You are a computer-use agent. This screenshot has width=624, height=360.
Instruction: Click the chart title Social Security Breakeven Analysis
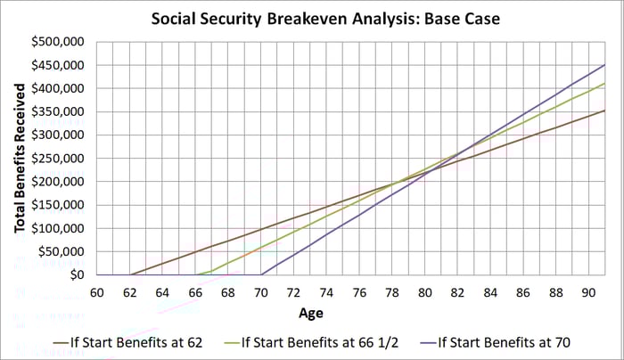(x=312, y=19)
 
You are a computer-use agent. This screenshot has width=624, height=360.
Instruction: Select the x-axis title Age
(x=311, y=313)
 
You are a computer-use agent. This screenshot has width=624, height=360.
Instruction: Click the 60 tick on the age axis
(x=97, y=291)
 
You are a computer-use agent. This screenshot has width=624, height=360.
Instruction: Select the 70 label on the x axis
(x=260, y=291)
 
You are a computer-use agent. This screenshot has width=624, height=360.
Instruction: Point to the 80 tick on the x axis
(x=424, y=291)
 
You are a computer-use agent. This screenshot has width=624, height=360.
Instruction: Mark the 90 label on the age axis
(x=588, y=291)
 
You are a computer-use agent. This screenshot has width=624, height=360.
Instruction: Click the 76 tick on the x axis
(x=359, y=291)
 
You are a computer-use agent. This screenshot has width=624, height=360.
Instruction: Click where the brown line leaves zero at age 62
(x=130, y=274)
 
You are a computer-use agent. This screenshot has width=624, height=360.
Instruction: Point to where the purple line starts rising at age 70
(x=261, y=274)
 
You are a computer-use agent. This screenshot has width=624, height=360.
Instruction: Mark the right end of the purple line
(x=605, y=65)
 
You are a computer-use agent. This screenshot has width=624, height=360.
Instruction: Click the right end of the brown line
(x=605, y=110)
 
